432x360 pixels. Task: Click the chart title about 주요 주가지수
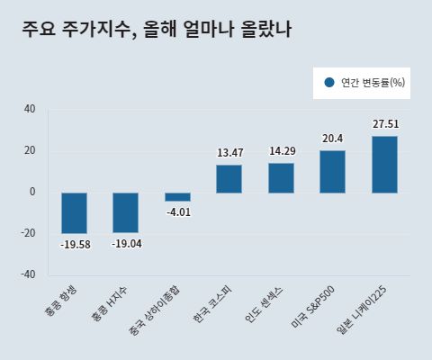(x=157, y=30)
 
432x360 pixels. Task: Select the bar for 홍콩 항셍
(x=74, y=212)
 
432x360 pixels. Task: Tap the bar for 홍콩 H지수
(x=126, y=212)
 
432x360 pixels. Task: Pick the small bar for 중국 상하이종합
(x=177, y=196)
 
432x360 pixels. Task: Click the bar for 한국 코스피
(x=229, y=178)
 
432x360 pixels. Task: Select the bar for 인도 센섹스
(x=282, y=177)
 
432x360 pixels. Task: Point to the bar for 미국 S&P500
(x=333, y=171)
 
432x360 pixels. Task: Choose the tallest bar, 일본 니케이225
(x=384, y=164)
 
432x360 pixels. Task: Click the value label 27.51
(x=384, y=124)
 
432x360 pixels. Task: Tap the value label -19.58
(x=74, y=244)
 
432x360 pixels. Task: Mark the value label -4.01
(x=177, y=212)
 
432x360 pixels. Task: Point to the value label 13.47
(x=229, y=153)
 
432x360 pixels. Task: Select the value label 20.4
(x=333, y=139)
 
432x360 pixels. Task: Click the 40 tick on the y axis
(x=30, y=110)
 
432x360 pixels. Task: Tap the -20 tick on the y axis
(x=29, y=233)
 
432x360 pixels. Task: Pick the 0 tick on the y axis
(x=32, y=192)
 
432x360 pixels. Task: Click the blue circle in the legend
(x=329, y=83)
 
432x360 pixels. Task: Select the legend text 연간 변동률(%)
(x=373, y=83)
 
